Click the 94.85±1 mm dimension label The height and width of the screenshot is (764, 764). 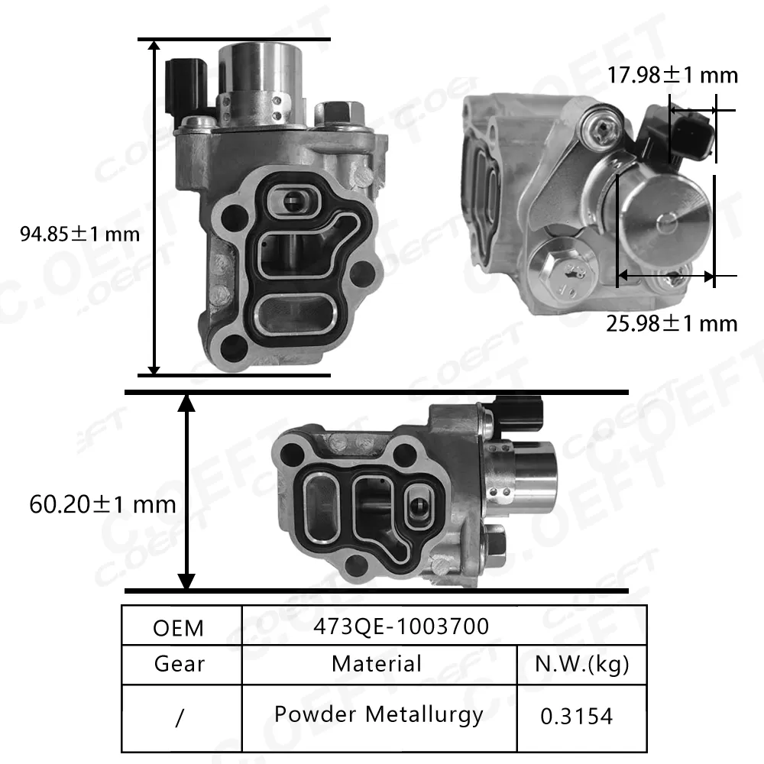tap(80, 233)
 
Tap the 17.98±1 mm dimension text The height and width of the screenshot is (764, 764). tap(673, 75)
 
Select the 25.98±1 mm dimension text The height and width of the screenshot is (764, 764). tap(672, 323)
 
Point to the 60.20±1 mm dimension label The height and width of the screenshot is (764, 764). tap(102, 504)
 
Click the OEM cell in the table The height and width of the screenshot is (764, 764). tap(179, 627)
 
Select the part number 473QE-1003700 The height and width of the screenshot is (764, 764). tap(401, 626)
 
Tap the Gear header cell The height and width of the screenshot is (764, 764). tap(179, 663)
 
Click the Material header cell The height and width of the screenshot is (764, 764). tap(376, 663)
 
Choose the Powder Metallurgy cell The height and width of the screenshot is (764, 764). tap(379, 715)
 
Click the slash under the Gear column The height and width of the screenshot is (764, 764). tap(179, 719)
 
